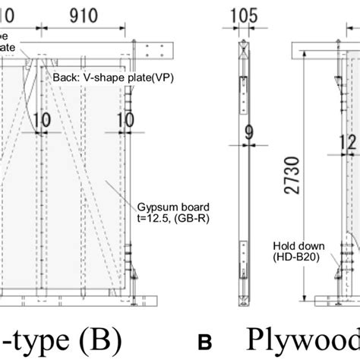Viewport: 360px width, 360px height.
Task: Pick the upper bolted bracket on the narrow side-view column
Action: [244, 91]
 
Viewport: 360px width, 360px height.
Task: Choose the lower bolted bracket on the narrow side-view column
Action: [244, 254]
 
